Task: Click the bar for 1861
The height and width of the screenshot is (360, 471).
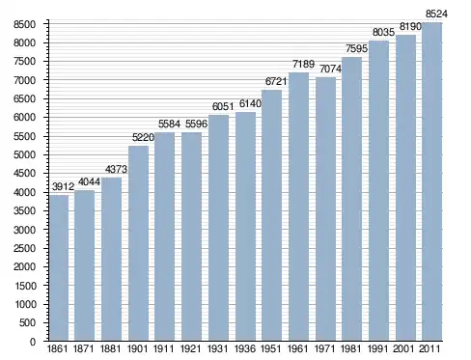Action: point(59,267)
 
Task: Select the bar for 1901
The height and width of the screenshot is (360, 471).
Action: point(139,243)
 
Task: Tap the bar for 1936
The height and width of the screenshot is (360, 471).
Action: point(245,226)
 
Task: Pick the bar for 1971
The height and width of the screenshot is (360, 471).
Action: point(325,208)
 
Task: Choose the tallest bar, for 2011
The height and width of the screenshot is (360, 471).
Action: point(431,181)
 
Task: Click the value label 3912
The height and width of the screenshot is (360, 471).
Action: point(63,186)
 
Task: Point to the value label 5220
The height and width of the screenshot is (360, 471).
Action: point(143,137)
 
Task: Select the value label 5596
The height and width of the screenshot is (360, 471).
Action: point(196,124)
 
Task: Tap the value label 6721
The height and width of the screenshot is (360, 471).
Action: point(276,81)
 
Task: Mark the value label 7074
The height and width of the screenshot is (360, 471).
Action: point(330,69)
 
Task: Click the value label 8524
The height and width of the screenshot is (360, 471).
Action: point(436,14)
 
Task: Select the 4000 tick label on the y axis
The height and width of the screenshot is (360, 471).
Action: point(24,192)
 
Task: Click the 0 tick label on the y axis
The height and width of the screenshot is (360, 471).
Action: point(33,342)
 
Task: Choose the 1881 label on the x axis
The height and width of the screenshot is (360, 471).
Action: point(110,348)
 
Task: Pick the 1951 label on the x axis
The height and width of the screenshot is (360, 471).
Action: point(271,348)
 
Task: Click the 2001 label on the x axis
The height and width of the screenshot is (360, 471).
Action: point(403,348)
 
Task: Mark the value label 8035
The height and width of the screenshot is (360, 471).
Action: point(383,32)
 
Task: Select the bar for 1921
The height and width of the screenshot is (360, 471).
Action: point(191,236)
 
